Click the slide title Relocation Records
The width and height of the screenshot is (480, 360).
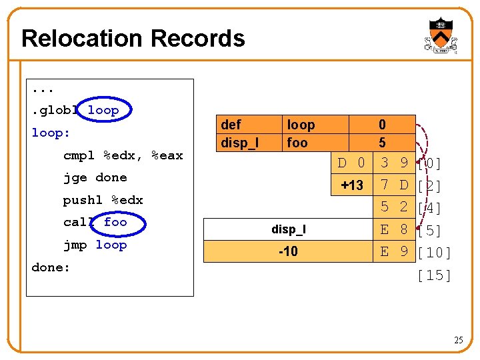133,39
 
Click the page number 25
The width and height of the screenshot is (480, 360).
458,341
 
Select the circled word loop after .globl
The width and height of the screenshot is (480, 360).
103,111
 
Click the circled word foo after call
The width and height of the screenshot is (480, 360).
115,222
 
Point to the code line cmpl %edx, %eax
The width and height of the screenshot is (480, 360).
123,155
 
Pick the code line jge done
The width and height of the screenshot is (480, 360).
95,177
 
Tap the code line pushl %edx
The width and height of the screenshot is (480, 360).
103,200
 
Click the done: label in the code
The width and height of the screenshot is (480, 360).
51,267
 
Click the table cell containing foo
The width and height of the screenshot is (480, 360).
297,143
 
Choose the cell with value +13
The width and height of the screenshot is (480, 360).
351,185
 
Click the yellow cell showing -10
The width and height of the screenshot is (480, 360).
288,251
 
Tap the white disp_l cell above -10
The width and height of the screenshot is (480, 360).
288,229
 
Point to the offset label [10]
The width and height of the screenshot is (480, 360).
434,253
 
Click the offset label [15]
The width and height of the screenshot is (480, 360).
434,275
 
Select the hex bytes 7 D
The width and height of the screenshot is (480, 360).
393,185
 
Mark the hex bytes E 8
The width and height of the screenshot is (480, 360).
393,229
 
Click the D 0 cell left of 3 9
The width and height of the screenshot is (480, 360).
351,163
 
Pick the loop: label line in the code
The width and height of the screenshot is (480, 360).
51,133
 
